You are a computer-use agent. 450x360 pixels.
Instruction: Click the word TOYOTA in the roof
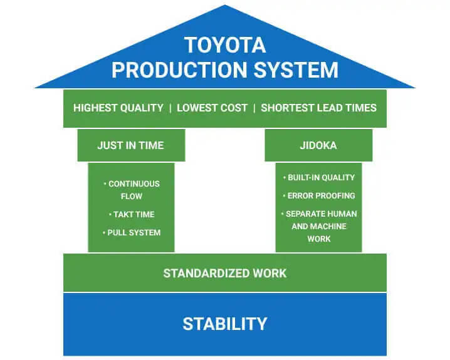pyautogui.click(x=225, y=46)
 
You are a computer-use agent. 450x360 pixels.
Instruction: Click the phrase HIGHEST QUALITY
pyautogui.click(x=118, y=108)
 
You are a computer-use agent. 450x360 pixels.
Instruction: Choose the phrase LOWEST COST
pyautogui.click(x=212, y=108)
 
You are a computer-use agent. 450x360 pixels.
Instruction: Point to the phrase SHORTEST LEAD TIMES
pyautogui.click(x=318, y=108)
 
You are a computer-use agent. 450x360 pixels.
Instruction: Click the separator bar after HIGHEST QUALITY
pyautogui.click(x=170, y=108)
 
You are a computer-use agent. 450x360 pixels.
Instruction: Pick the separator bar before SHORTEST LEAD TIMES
pyautogui.click(x=254, y=108)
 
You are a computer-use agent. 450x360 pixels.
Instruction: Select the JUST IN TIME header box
pyautogui.click(x=131, y=145)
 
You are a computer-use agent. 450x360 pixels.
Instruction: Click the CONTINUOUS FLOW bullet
pyautogui.click(x=132, y=190)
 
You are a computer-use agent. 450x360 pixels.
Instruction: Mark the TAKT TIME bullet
pyautogui.click(x=132, y=214)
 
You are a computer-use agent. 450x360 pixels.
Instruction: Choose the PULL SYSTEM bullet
pyautogui.click(x=132, y=232)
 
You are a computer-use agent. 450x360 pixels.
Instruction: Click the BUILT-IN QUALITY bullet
pyautogui.click(x=319, y=177)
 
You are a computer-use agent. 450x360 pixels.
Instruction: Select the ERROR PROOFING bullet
pyautogui.click(x=319, y=195)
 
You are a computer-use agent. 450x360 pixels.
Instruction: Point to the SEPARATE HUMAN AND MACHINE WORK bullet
pyautogui.click(x=319, y=226)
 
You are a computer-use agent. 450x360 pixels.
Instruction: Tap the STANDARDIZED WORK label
pyautogui.click(x=224, y=273)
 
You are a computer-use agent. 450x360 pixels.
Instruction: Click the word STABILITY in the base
pyautogui.click(x=224, y=324)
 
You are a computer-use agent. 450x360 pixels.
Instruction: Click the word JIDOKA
pyautogui.click(x=318, y=145)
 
